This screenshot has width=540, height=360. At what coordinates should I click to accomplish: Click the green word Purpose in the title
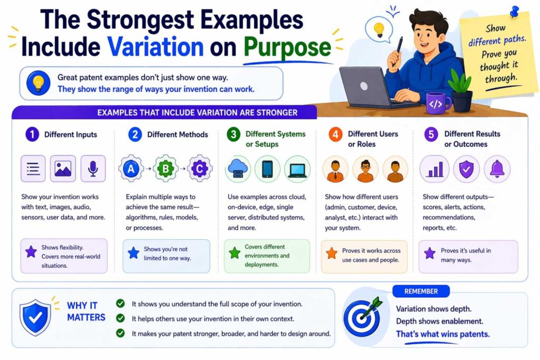[287, 47]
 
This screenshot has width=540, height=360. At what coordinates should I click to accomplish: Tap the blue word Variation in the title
[156, 47]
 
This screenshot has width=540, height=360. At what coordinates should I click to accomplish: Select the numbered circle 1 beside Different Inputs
[32, 134]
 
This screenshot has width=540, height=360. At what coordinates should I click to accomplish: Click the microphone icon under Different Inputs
[93, 169]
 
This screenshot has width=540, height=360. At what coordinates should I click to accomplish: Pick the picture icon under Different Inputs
[63, 169]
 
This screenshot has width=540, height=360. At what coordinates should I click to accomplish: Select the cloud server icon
[238, 169]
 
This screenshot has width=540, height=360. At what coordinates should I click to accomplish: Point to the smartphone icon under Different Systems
[267, 169]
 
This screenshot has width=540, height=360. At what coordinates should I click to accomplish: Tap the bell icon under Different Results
[497, 169]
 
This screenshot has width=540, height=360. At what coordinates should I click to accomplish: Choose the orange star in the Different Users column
[331, 254]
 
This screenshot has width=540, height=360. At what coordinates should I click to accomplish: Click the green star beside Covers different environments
[234, 252]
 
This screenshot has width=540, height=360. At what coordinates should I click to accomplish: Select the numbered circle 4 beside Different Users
[335, 134]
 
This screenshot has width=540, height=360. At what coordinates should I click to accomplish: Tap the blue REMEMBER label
[421, 291]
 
